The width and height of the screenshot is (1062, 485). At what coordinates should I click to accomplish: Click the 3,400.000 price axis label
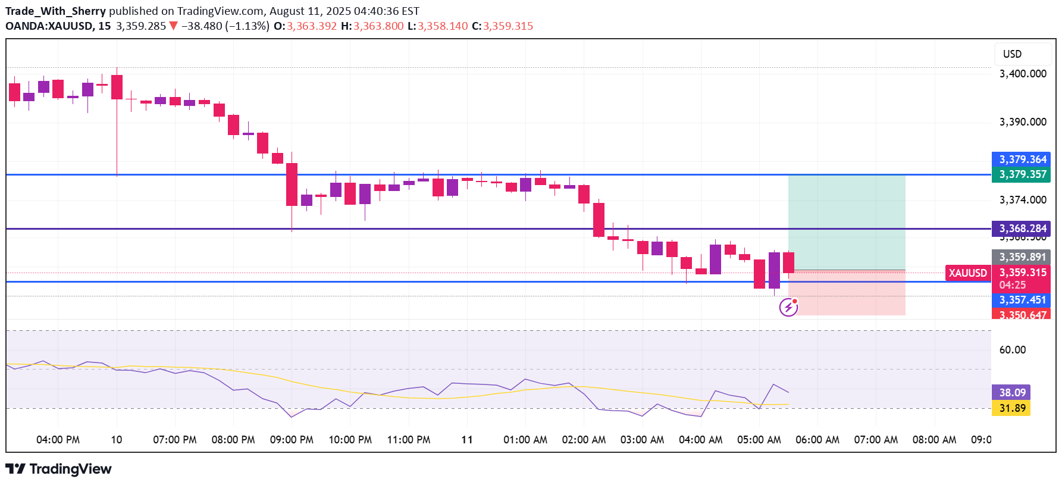click(x=1022, y=74)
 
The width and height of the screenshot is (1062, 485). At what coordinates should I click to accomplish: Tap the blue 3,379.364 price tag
click(x=1021, y=159)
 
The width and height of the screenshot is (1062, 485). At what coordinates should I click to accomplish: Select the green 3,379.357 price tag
click(x=1021, y=174)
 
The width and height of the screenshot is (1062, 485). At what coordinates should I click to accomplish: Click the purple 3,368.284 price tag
click(x=1021, y=229)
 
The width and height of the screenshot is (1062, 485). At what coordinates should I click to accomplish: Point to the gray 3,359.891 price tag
click(x=1021, y=257)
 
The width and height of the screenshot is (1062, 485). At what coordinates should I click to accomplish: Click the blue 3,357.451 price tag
click(x=1021, y=300)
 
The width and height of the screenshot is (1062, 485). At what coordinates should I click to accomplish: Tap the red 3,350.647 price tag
click(x=1021, y=314)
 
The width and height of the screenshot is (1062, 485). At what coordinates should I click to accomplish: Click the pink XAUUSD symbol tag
click(x=967, y=273)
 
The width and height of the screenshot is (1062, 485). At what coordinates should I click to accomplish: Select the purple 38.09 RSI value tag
click(x=1011, y=393)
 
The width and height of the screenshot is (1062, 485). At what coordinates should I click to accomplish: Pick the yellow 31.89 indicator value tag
click(x=1011, y=408)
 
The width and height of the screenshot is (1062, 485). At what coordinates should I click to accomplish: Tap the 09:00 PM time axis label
click(x=292, y=440)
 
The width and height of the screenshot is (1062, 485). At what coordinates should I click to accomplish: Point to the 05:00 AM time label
click(x=759, y=440)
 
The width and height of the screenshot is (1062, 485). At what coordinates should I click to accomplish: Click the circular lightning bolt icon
click(x=788, y=307)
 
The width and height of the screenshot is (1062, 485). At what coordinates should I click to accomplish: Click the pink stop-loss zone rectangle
click(x=846, y=293)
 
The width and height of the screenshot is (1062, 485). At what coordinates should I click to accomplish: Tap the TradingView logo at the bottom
click(x=59, y=469)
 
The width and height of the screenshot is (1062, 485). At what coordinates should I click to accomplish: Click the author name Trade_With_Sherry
click(x=55, y=11)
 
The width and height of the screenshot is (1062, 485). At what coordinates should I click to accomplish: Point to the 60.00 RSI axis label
click(x=1012, y=350)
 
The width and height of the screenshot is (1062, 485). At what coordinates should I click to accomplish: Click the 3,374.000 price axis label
click(x=1022, y=200)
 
